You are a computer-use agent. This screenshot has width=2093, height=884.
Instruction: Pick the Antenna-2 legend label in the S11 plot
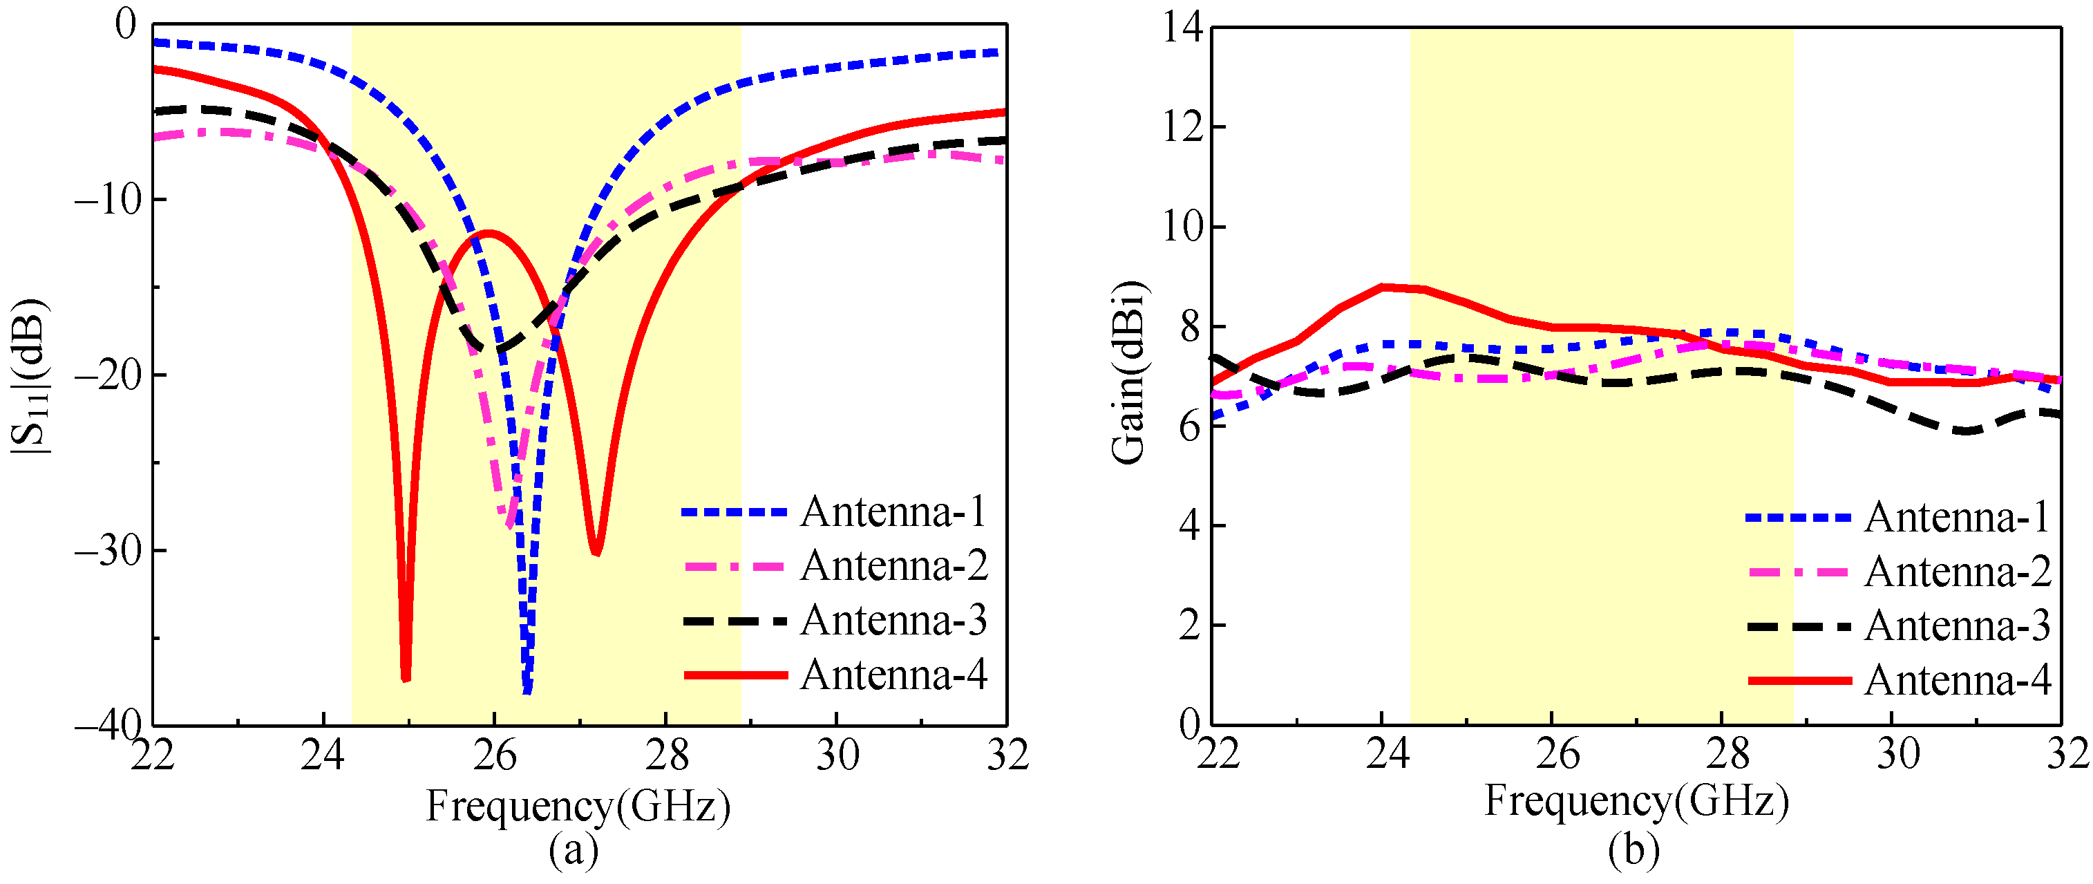[893, 565]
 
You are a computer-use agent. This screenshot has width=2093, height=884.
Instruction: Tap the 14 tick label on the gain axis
[1182, 28]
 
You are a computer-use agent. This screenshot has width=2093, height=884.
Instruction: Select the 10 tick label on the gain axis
[1182, 227]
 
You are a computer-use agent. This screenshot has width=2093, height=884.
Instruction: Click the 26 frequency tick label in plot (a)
[494, 756]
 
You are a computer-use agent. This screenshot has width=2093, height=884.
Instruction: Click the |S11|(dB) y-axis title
[31, 375]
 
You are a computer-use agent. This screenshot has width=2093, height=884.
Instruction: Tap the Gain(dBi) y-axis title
[1128, 373]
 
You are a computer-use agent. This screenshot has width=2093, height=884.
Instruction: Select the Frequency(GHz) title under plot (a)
[578, 807]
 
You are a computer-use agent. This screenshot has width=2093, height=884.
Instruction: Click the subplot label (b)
[1633, 851]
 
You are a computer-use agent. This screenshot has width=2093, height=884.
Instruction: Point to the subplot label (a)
[574, 851]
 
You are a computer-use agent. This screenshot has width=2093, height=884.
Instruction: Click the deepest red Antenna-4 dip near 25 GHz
[406, 679]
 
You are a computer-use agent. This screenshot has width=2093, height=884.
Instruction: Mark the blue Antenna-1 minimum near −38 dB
[527, 690]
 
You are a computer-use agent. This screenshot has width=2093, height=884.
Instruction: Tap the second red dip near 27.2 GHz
[596, 552]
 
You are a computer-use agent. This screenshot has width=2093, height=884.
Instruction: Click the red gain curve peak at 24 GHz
[1382, 287]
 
